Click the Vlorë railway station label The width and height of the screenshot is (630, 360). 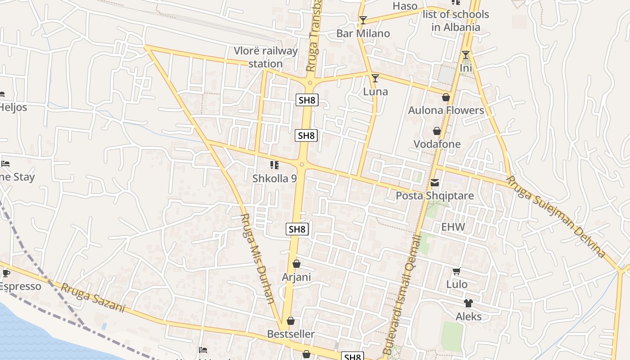pyautogui.click(x=265, y=57)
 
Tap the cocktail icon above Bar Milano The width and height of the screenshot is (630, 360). pyautogui.click(x=363, y=20)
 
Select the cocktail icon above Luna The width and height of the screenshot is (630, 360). pyautogui.click(x=375, y=78)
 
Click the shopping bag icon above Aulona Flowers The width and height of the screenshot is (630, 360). pyautogui.click(x=446, y=97)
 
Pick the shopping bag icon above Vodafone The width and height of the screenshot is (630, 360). pyautogui.click(x=436, y=131)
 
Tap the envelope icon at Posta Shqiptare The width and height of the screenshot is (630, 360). pyautogui.click(x=435, y=183)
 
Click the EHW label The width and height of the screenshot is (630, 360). pyautogui.click(x=453, y=227)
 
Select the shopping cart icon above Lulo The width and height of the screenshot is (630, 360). pyautogui.click(x=456, y=271)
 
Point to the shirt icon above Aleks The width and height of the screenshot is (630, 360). pyautogui.click(x=468, y=303)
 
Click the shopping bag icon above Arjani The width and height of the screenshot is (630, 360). pyautogui.click(x=296, y=264)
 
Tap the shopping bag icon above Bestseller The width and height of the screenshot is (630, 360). pyautogui.click(x=291, y=321)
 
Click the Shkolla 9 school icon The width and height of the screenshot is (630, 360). pyautogui.click(x=274, y=165)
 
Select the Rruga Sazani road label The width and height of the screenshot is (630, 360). pyautogui.click(x=93, y=297)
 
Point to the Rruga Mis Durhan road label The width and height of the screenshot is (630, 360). pyautogui.click(x=257, y=258)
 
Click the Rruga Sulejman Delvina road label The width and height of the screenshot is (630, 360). pyautogui.click(x=556, y=216)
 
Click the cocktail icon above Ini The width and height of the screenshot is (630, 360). pyautogui.click(x=466, y=55)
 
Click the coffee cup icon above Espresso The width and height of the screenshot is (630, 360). pyautogui.click(x=6, y=273)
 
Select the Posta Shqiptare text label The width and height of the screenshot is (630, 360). pyautogui.click(x=435, y=196)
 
